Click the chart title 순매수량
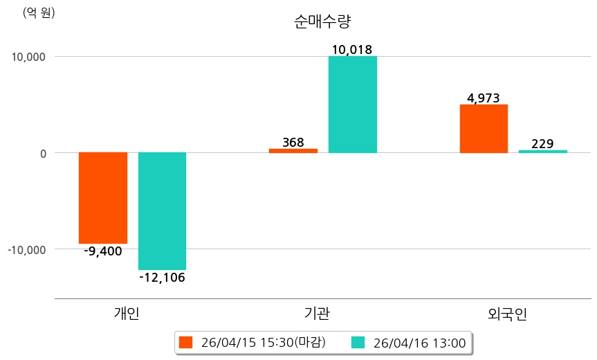pos(322,21)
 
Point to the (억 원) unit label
pos(39,12)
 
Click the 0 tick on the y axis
pos(42,153)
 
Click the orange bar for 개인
pos(103,197)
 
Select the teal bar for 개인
pos(162,210)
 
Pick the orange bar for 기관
pos(293,150)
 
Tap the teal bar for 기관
pos(353,104)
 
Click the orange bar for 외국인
pos(484,128)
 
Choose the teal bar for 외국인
pos(543,151)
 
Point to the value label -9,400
pos(103,251)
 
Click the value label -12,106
pos(162,278)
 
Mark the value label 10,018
pos(352,50)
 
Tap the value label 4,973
pos(484,98)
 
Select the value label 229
pos(542,144)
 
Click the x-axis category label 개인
pos(127,313)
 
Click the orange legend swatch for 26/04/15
pos(185,343)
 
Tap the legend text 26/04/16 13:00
pos(419,343)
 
